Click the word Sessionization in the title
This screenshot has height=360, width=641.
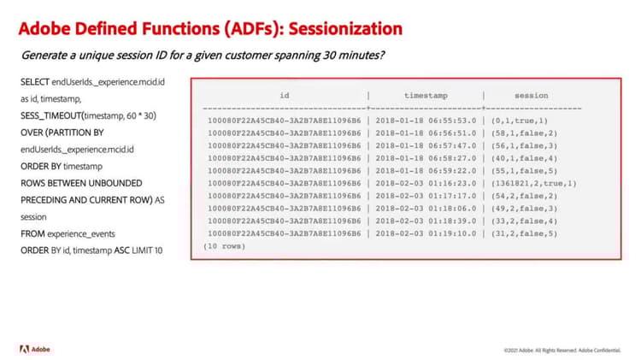click(346, 28)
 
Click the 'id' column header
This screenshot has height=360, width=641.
click(284, 96)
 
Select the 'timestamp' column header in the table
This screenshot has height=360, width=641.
click(426, 96)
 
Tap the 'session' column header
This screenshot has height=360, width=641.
click(531, 96)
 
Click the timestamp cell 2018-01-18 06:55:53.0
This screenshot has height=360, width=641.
click(425, 121)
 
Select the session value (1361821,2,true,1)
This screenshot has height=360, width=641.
click(534, 183)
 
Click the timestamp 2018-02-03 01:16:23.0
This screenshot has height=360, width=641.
click(425, 183)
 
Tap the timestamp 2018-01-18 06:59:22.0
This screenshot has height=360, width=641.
click(425, 170)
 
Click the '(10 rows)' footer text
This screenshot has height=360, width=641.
click(224, 246)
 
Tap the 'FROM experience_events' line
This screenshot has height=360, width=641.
click(68, 233)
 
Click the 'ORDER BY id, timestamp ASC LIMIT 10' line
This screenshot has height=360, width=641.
click(93, 251)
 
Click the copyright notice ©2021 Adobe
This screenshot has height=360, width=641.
click(523, 351)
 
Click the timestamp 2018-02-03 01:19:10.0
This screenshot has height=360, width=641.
click(425, 233)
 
